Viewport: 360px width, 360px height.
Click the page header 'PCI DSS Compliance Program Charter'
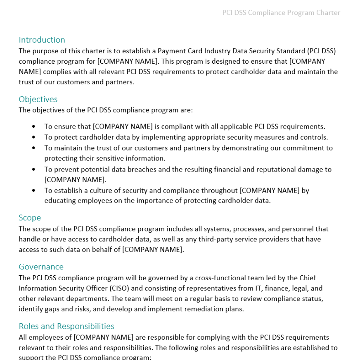pyautogui.click(x=281, y=13)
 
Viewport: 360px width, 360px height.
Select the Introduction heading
pyautogui.click(x=42, y=40)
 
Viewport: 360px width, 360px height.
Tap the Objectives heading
pyautogui.click(x=38, y=99)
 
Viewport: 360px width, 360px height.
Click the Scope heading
pyautogui.click(x=30, y=217)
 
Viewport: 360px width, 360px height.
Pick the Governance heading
pyautogui.click(x=41, y=267)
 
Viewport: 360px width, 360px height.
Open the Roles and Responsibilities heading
pyautogui.click(x=66, y=326)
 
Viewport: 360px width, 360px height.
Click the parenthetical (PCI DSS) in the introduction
pyautogui.click(x=321, y=51)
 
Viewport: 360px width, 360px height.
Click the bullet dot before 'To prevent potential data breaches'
pyautogui.click(x=34, y=169)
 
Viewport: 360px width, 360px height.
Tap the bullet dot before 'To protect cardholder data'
pyautogui.click(x=34, y=137)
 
